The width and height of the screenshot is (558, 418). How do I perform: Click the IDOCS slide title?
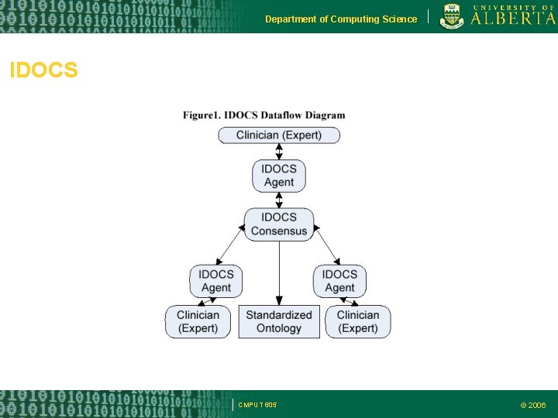click(x=43, y=71)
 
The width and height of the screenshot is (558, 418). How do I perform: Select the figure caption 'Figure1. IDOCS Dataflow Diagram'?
click(x=264, y=116)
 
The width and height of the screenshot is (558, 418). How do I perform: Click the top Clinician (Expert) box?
click(x=278, y=135)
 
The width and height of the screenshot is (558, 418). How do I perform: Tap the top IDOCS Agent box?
click(x=279, y=176)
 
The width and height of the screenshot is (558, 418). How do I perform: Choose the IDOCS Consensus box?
click(x=279, y=224)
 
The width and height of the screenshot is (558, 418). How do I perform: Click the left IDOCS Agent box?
click(x=216, y=281)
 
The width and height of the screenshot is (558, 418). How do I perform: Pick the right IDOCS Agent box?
click(x=339, y=281)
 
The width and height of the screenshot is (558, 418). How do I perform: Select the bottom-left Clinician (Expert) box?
click(x=198, y=321)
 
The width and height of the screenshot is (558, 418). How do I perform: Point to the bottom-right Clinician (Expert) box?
click(x=358, y=321)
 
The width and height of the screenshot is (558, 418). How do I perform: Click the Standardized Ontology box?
click(x=279, y=321)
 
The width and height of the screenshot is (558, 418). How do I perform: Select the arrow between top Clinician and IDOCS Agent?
click(x=279, y=152)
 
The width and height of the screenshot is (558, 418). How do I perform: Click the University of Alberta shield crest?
click(x=452, y=16)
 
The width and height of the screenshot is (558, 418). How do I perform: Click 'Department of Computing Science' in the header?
click(x=340, y=19)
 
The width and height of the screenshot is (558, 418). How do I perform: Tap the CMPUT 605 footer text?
click(x=257, y=405)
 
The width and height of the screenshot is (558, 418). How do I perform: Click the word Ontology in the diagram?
click(x=279, y=328)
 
